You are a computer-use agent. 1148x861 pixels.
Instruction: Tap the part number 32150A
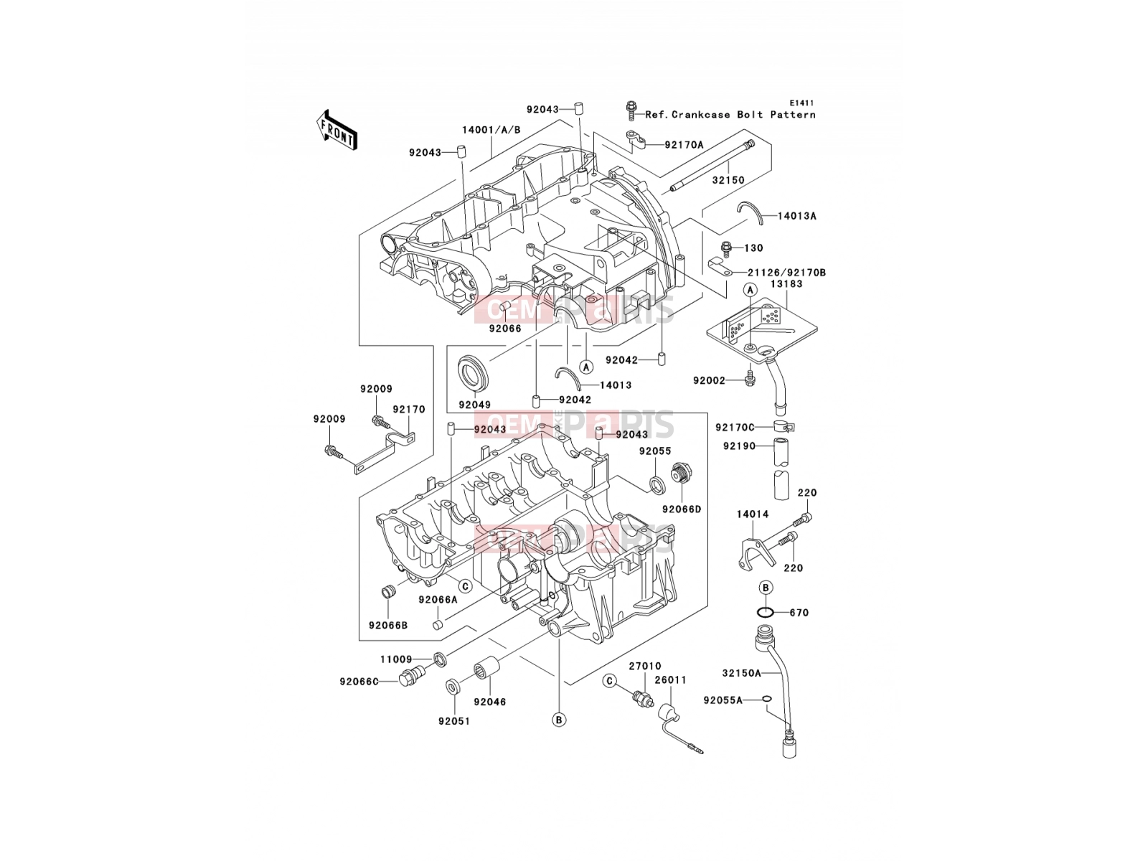coord(742,673)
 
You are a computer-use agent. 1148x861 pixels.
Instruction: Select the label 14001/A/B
coord(491,130)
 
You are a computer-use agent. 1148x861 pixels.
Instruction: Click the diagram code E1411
coord(801,103)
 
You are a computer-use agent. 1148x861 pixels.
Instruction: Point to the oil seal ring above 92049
coord(474,373)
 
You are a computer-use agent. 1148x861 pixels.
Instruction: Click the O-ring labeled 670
coord(766,612)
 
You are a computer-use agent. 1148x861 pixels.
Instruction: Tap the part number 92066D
coord(682,509)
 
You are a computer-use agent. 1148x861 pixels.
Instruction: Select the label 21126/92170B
coord(786,273)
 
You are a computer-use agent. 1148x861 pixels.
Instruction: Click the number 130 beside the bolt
coord(753,248)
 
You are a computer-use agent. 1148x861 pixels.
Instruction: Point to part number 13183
coord(786,284)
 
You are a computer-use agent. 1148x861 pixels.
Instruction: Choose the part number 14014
coord(753,514)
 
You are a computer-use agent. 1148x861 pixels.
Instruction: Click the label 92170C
coord(735,428)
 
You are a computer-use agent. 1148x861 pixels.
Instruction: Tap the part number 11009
coord(397,659)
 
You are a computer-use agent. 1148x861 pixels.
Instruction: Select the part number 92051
coord(454,721)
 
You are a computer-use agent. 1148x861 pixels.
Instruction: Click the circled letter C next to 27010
coord(608,681)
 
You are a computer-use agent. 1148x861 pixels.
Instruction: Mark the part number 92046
coord(490,702)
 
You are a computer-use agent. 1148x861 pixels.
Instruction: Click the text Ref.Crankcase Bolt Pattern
coord(730,115)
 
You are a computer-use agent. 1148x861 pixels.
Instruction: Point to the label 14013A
coord(797,216)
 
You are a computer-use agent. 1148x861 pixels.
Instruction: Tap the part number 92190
coord(740,446)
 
